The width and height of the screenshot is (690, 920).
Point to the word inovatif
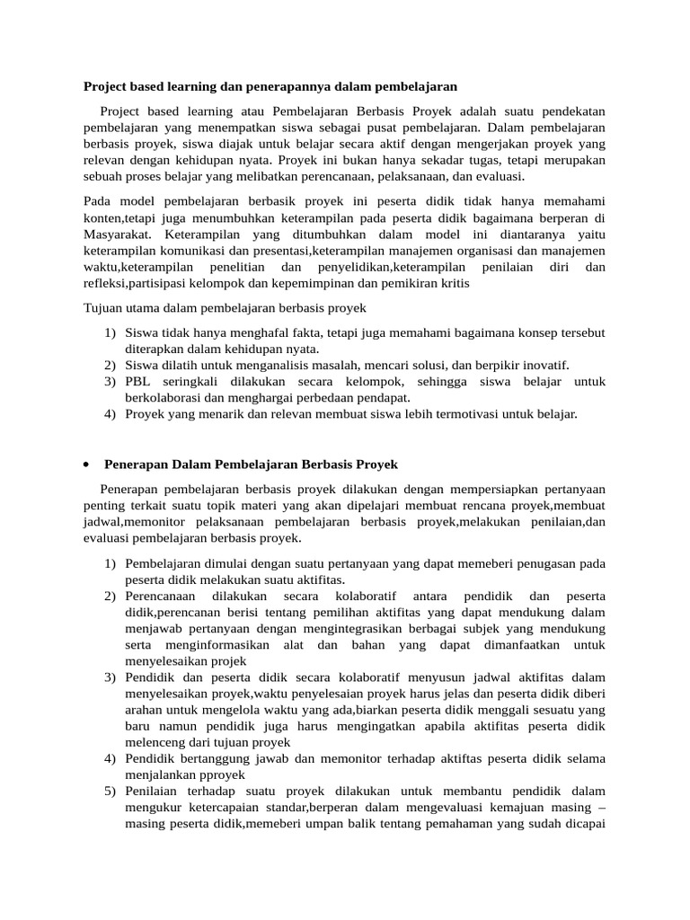click(x=544, y=366)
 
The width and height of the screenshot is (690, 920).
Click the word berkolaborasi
click(x=167, y=398)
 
